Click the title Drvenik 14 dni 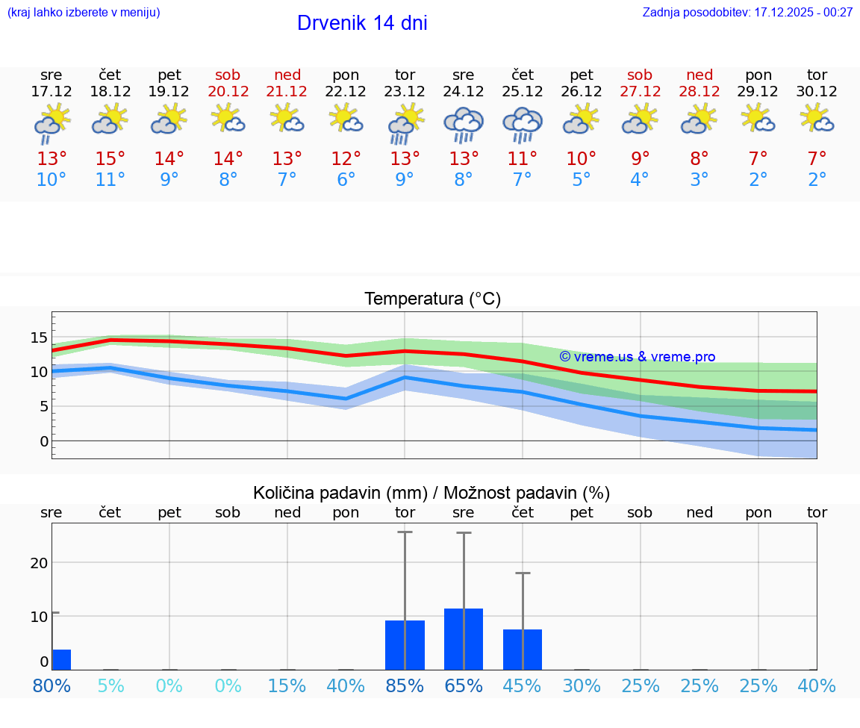pyautogui.click(x=362, y=23)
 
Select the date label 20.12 pyautogui.click(x=228, y=91)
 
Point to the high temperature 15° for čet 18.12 pyautogui.click(x=110, y=158)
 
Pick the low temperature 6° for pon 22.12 pyautogui.click(x=346, y=179)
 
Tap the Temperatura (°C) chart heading pyautogui.click(x=432, y=299)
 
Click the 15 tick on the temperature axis pyautogui.click(x=39, y=337)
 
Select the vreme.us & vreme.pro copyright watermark pyautogui.click(x=637, y=357)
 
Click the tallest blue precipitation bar pyautogui.click(x=464, y=639)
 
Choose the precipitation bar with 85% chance pyautogui.click(x=405, y=645)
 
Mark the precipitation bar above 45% pyautogui.click(x=523, y=650)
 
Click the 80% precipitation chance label pyautogui.click(x=52, y=685)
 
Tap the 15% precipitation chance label pyautogui.click(x=287, y=685)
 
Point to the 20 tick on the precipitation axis pyautogui.click(x=39, y=562)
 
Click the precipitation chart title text pyautogui.click(x=431, y=493)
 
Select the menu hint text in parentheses pyautogui.click(x=84, y=12)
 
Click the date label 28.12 pyautogui.click(x=699, y=91)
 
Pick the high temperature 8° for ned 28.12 pyautogui.click(x=699, y=158)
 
